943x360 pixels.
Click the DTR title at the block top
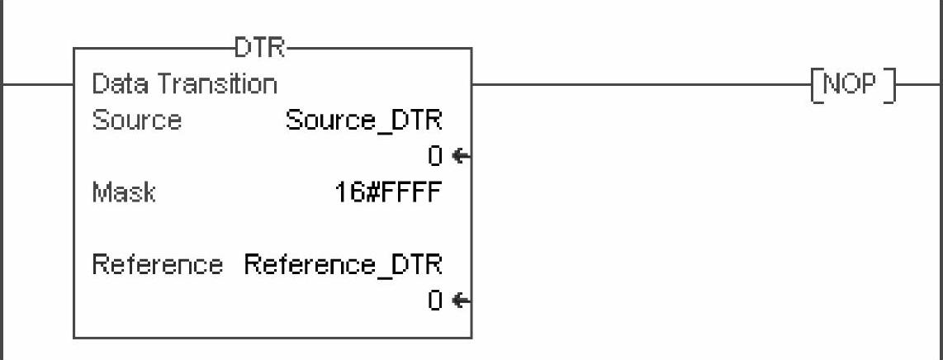pos(259,49)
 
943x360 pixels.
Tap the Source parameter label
pos(136,121)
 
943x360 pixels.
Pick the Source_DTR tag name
pos(363,121)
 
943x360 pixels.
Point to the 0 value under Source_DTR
pos(435,155)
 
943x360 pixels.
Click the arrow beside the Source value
pos(461,155)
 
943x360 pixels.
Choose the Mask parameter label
pos(123,193)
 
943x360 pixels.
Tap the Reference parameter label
pos(157,265)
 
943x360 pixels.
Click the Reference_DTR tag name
pos(343,265)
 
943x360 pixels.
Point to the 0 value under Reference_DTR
pos(435,301)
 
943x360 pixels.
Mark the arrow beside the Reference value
pos(461,301)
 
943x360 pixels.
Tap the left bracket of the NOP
pos(817,85)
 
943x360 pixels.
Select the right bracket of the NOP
pos(889,85)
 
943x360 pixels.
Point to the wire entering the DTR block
pos(37,83)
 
